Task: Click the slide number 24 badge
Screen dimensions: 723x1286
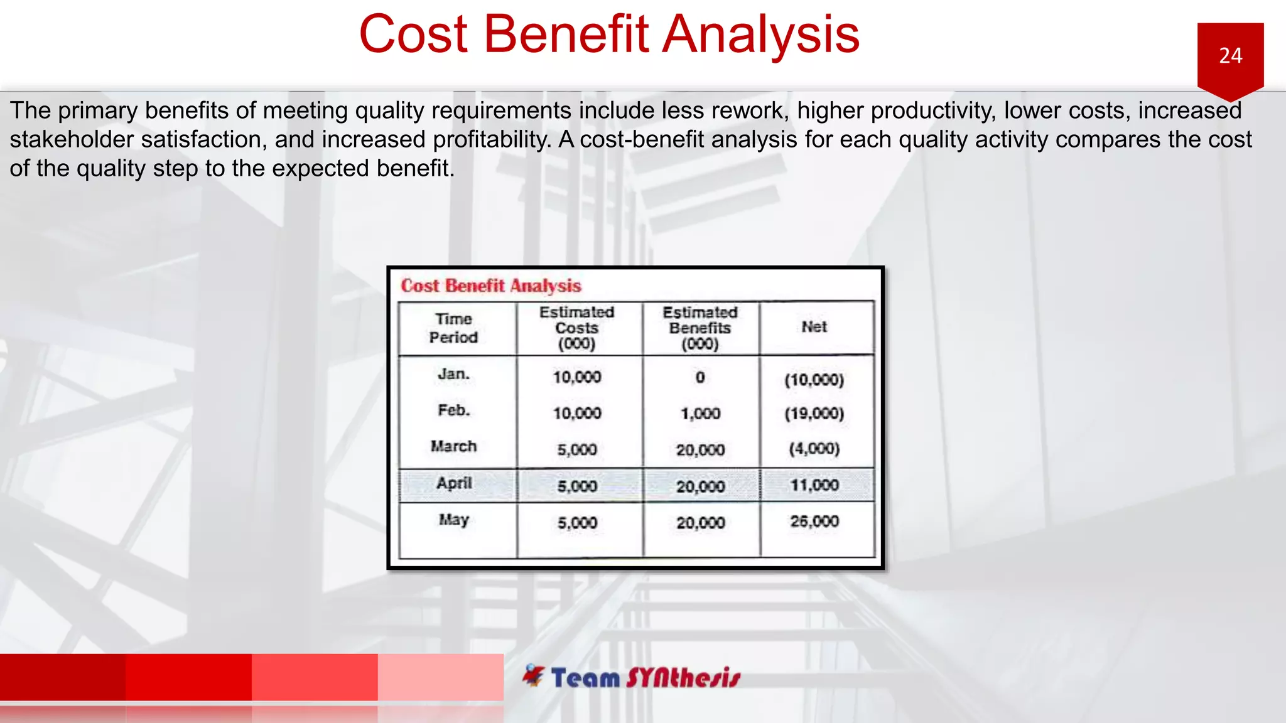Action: pos(1230,56)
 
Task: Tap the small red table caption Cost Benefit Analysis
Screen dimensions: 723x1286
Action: pos(491,286)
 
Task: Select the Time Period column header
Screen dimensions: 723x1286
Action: pos(453,328)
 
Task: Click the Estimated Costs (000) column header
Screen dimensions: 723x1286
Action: pos(576,328)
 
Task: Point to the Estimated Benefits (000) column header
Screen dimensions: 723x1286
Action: pos(700,328)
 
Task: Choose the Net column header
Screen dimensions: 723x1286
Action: pos(814,327)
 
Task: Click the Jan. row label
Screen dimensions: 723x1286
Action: pos(453,374)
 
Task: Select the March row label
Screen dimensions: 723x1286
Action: pos(453,446)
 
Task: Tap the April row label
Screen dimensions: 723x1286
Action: pos(454,483)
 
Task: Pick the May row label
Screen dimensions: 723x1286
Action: pos(453,520)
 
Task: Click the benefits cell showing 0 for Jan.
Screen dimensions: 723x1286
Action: pos(700,377)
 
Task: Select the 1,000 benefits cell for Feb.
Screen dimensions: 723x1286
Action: pos(700,414)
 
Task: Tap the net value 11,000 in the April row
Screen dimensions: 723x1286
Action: pos(814,485)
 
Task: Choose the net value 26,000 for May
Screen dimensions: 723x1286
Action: pos(814,522)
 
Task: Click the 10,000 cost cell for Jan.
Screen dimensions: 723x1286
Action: pos(576,377)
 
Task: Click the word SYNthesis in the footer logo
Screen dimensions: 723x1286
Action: pos(683,678)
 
